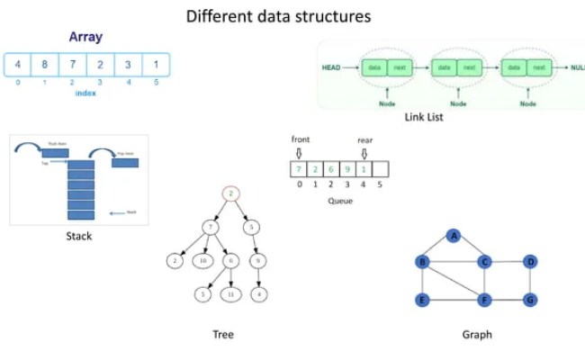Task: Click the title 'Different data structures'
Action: (277, 16)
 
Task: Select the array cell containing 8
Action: (44, 65)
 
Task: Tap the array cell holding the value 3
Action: (128, 65)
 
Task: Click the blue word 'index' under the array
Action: (86, 93)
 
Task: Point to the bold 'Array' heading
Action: (85, 38)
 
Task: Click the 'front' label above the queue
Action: (300, 139)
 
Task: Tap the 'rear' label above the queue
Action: (364, 139)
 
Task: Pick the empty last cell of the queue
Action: (380, 169)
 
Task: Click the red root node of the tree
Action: (231, 193)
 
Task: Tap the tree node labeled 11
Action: (231, 294)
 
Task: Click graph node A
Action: (454, 236)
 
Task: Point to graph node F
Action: (485, 299)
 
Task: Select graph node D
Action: (530, 262)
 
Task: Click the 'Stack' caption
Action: (78, 237)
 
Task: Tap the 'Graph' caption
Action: (477, 335)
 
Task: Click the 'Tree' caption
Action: (223, 335)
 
